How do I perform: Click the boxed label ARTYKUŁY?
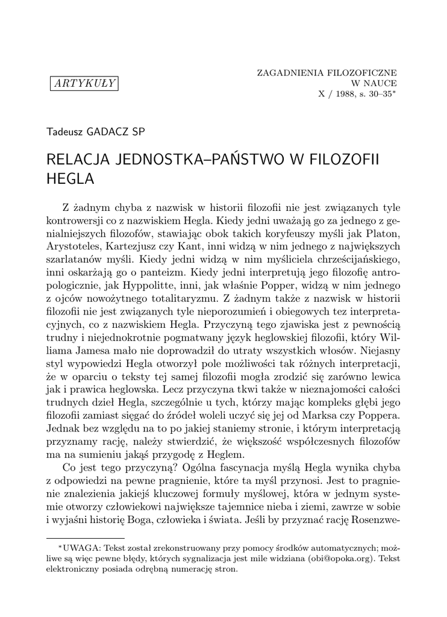tap(84, 83)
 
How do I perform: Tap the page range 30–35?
tap(381, 94)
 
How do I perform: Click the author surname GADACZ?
tap(112, 131)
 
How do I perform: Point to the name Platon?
tap(384, 233)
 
